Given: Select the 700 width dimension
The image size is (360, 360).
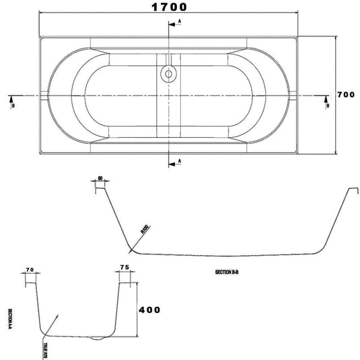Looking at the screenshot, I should click(346, 95).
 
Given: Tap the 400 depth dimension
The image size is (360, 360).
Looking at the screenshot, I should click(151, 310).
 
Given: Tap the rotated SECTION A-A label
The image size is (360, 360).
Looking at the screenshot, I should click(10, 316).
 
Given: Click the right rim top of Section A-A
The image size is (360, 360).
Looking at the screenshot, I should click(124, 282).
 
